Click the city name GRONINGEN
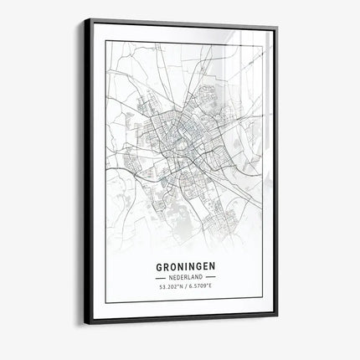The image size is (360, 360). click(x=186, y=268)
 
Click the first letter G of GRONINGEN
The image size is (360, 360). click(x=159, y=268)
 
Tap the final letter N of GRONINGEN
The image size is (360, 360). click(x=213, y=268)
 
